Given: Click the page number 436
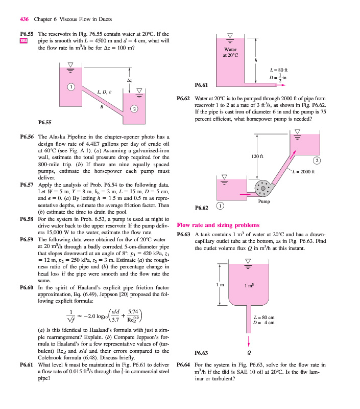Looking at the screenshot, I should point(24,19).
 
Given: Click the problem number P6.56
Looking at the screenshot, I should point(26,138).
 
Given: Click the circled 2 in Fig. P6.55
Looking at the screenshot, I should point(134,108).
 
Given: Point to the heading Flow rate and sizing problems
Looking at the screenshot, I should point(218,225).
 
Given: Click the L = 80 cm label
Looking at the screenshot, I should point(265,317).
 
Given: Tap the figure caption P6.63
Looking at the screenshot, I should point(202,353).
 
